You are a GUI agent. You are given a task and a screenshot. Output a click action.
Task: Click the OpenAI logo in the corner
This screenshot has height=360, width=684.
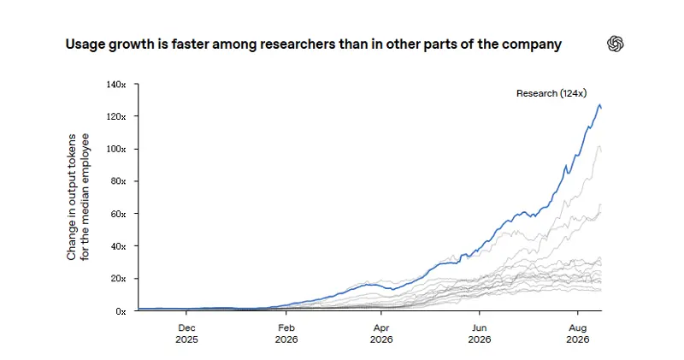[x=615, y=44]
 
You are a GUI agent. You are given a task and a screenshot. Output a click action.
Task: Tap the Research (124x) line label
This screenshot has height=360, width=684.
[x=551, y=93]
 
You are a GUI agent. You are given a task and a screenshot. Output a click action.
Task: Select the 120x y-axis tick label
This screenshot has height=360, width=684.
[x=116, y=116]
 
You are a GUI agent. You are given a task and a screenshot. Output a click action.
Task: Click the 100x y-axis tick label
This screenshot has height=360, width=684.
[x=116, y=149]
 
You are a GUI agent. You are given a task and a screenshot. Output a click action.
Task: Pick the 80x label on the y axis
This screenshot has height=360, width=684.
[x=118, y=181]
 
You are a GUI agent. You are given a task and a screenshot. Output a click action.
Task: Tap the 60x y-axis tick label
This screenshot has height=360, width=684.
[x=118, y=214]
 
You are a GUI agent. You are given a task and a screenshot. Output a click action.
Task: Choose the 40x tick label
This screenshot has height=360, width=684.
[x=118, y=246]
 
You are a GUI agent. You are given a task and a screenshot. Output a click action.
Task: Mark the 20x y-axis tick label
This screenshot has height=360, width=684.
[x=118, y=279]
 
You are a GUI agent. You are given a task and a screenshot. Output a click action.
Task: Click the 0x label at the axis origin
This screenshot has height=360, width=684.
[x=121, y=311]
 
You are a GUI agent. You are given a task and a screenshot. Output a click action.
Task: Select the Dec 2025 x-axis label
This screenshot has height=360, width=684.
[x=186, y=333]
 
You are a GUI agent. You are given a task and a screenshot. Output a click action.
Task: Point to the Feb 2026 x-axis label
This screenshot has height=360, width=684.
[x=286, y=333]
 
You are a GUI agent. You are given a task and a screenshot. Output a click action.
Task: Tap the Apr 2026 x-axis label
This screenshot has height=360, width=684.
[x=381, y=333]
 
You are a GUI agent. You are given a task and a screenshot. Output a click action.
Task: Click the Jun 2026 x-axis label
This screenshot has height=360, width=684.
[x=480, y=333]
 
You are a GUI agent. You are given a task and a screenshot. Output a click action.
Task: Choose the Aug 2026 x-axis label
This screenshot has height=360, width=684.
[x=578, y=333]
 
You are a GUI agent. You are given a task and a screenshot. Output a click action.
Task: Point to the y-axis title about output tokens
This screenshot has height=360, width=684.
[x=78, y=197]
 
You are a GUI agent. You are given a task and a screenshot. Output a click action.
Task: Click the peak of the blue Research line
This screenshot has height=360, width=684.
[x=600, y=105]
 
